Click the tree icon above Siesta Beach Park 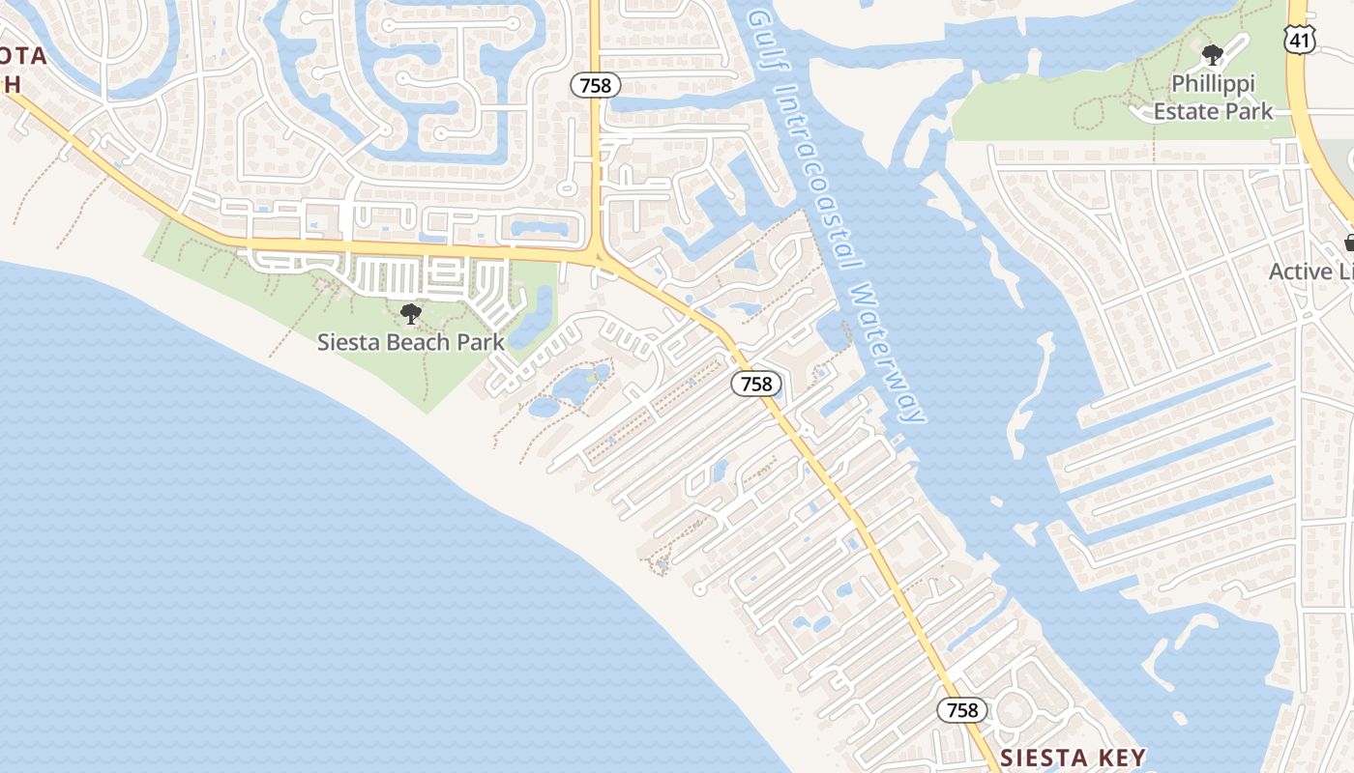[411, 313]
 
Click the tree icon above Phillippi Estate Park [1212, 55]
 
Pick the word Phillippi [1213, 84]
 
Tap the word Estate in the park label [1185, 111]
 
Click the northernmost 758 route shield [595, 85]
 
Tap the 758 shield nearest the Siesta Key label [962, 710]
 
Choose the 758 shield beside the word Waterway [756, 384]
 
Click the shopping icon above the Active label [1350, 243]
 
